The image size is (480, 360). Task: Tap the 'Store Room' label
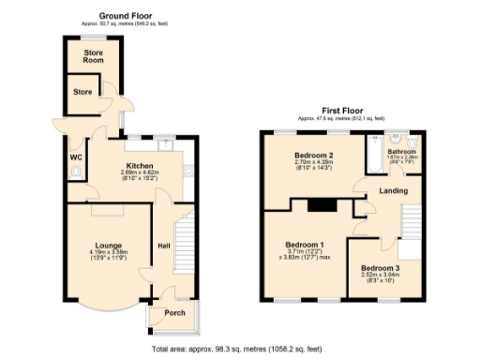[x=92, y=57]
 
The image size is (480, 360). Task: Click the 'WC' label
[x=75, y=157]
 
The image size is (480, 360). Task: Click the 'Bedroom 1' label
[x=302, y=246]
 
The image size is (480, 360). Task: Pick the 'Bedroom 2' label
[x=314, y=155]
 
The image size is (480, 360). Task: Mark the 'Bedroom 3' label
[x=380, y=268]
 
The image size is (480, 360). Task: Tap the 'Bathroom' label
[x=402, y=151]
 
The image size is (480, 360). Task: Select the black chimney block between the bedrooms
[x=324, y=205]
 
